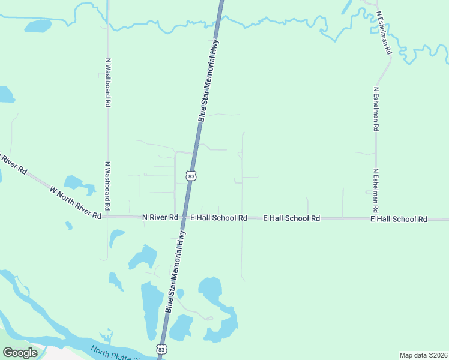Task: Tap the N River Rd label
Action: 160,217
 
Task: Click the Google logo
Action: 20,353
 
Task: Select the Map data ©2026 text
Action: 423,355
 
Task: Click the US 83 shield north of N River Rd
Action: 191,175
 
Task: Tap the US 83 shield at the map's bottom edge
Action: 161,349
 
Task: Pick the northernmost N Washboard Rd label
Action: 108,83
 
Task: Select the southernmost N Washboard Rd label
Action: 108,186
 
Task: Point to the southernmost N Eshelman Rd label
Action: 376,191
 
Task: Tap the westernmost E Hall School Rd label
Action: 218,218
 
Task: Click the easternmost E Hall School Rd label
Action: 399,220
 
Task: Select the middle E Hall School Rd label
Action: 292,219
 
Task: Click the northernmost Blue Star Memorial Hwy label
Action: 209,81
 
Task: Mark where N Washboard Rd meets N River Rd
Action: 108,216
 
